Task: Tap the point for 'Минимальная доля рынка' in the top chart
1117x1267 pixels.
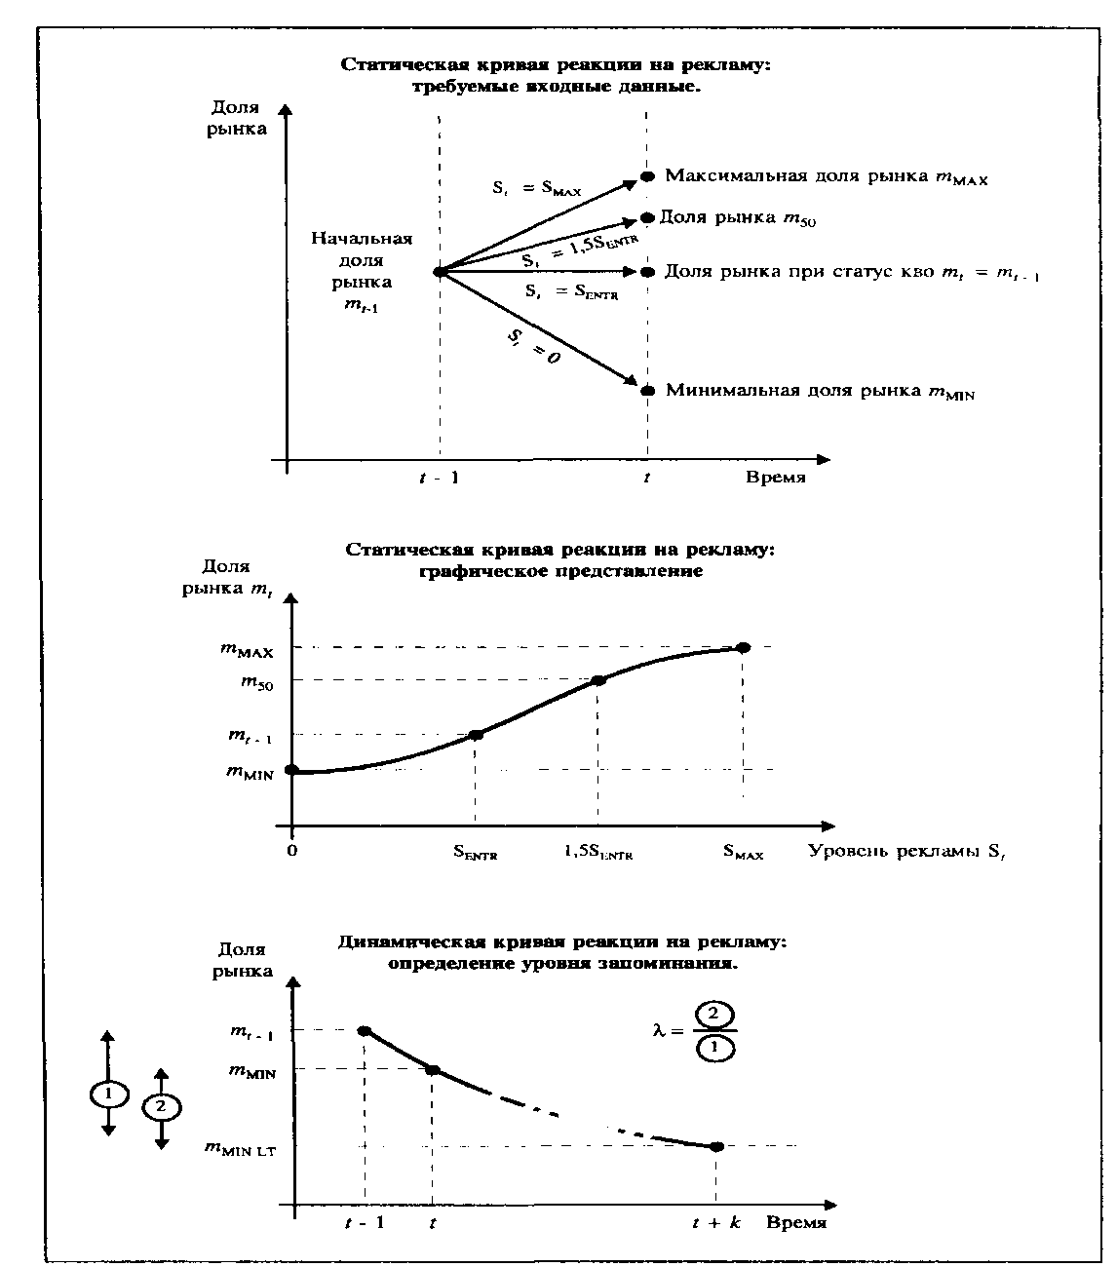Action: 646,391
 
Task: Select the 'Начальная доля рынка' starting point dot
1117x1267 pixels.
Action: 440,272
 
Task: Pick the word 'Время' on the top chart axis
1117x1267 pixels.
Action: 776,478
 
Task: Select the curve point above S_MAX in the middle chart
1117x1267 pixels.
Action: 743,647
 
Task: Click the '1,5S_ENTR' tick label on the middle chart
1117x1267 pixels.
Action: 597,853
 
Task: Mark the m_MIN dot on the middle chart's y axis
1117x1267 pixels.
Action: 291,770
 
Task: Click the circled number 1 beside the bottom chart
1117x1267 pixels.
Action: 108,1094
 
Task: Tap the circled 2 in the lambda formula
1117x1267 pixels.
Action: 713,1015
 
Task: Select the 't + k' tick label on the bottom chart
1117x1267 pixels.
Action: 716,1223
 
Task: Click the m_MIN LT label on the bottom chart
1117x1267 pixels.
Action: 240,1150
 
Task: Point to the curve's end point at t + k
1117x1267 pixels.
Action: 716,1146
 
